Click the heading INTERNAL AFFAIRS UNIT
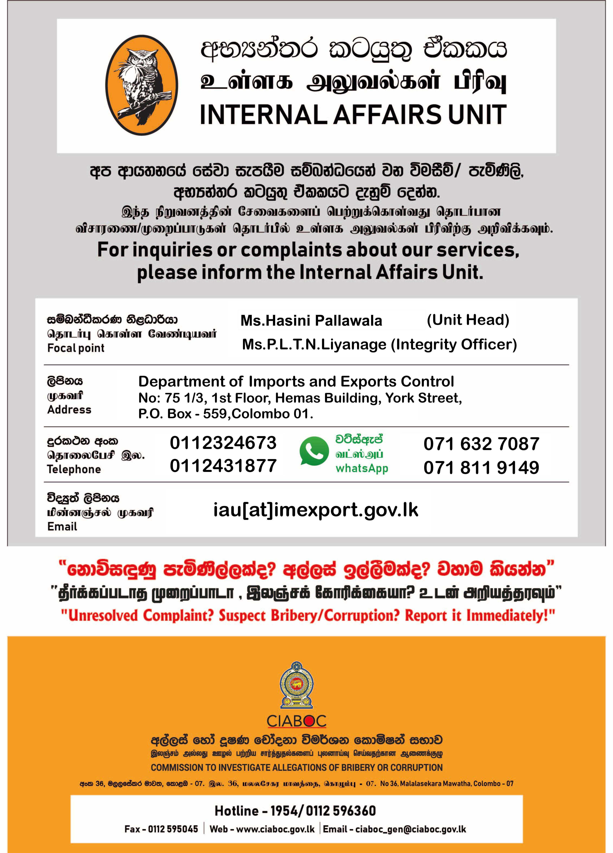pyautogui.click(x=353, y=115)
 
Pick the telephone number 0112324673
pyautogui.click(x=223, y=443)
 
